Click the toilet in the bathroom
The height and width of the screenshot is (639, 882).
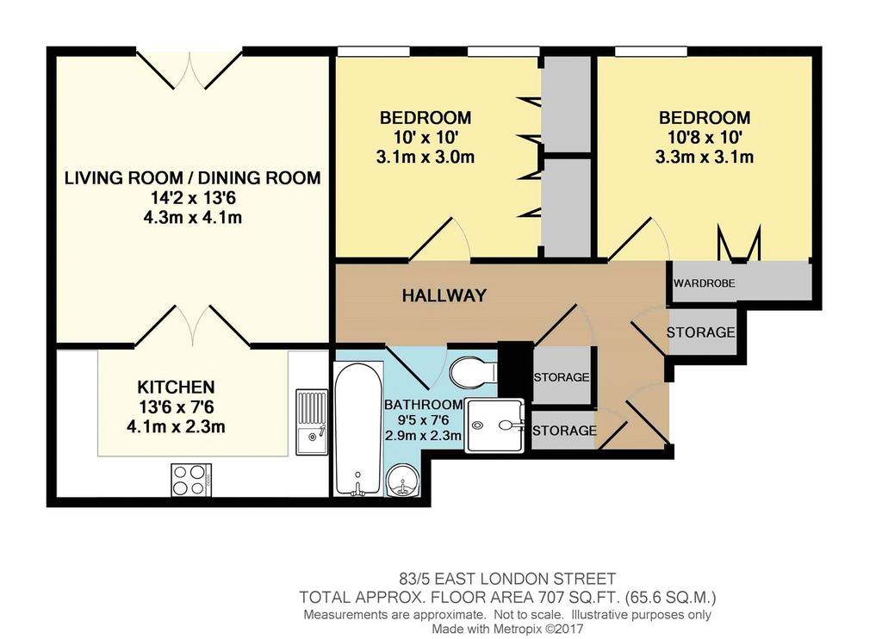[x=474, y=371]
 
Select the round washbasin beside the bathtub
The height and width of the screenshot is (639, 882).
[x=403, y=480]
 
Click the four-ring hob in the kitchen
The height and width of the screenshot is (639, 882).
[x=191, y=480]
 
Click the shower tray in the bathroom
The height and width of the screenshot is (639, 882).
[x=494, y=425]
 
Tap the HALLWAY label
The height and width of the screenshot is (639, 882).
[x=444, y=295]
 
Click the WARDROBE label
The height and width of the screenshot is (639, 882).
[x=705, y=283]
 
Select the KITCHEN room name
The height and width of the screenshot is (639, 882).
[x=176, y=387]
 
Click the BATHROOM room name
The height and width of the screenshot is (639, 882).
[x=423, y=405]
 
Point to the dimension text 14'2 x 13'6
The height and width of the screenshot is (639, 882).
[x=192, y=197]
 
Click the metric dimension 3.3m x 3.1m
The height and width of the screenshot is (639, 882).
[x=705, y=157]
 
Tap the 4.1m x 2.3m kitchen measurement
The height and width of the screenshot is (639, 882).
[x=176, y=426]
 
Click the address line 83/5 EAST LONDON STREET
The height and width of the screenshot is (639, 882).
[x=507, y=578]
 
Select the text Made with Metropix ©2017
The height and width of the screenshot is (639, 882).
[x=507, y=629]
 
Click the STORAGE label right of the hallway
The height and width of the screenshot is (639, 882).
[x=701, y=332]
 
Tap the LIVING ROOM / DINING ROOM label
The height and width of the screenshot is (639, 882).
[x=192, y=177]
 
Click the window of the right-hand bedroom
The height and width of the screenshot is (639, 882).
[x=651, y=51]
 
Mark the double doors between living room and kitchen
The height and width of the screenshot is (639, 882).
[x=193, y=326]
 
